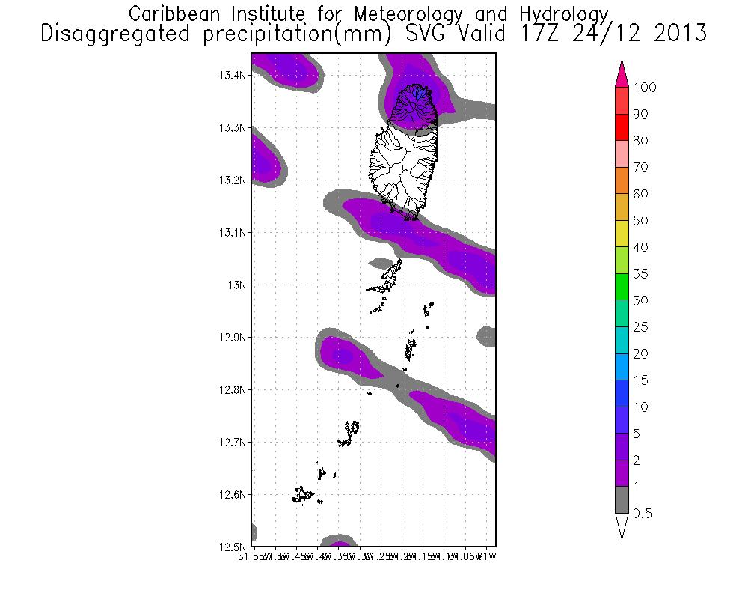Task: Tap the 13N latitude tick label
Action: tap(236, 285)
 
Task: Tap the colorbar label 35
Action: tap(640, 274)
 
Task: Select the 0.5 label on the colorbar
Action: tap(642, 514)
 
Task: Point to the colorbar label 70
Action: tap(640, 168)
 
